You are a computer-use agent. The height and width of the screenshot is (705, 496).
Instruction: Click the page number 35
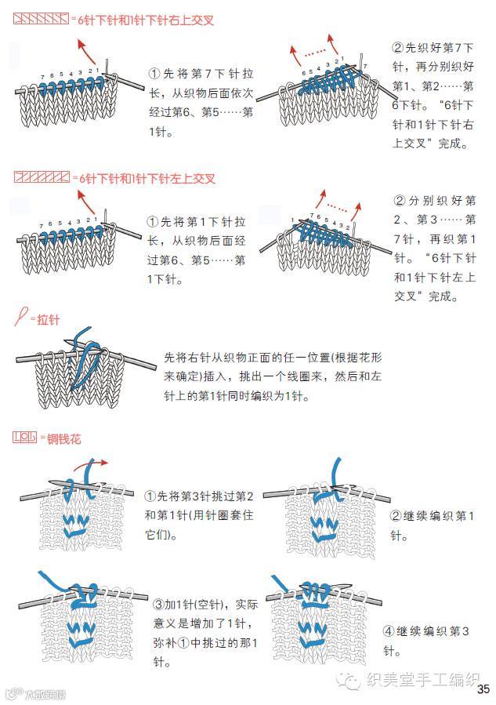(x=483, y=689)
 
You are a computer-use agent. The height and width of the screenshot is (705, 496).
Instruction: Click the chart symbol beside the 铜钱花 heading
(x=28, y=438)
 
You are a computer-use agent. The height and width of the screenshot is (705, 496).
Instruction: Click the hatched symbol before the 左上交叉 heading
(x=40, y=178)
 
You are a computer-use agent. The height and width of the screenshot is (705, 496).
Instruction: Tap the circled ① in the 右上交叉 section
(x=154, y=73)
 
